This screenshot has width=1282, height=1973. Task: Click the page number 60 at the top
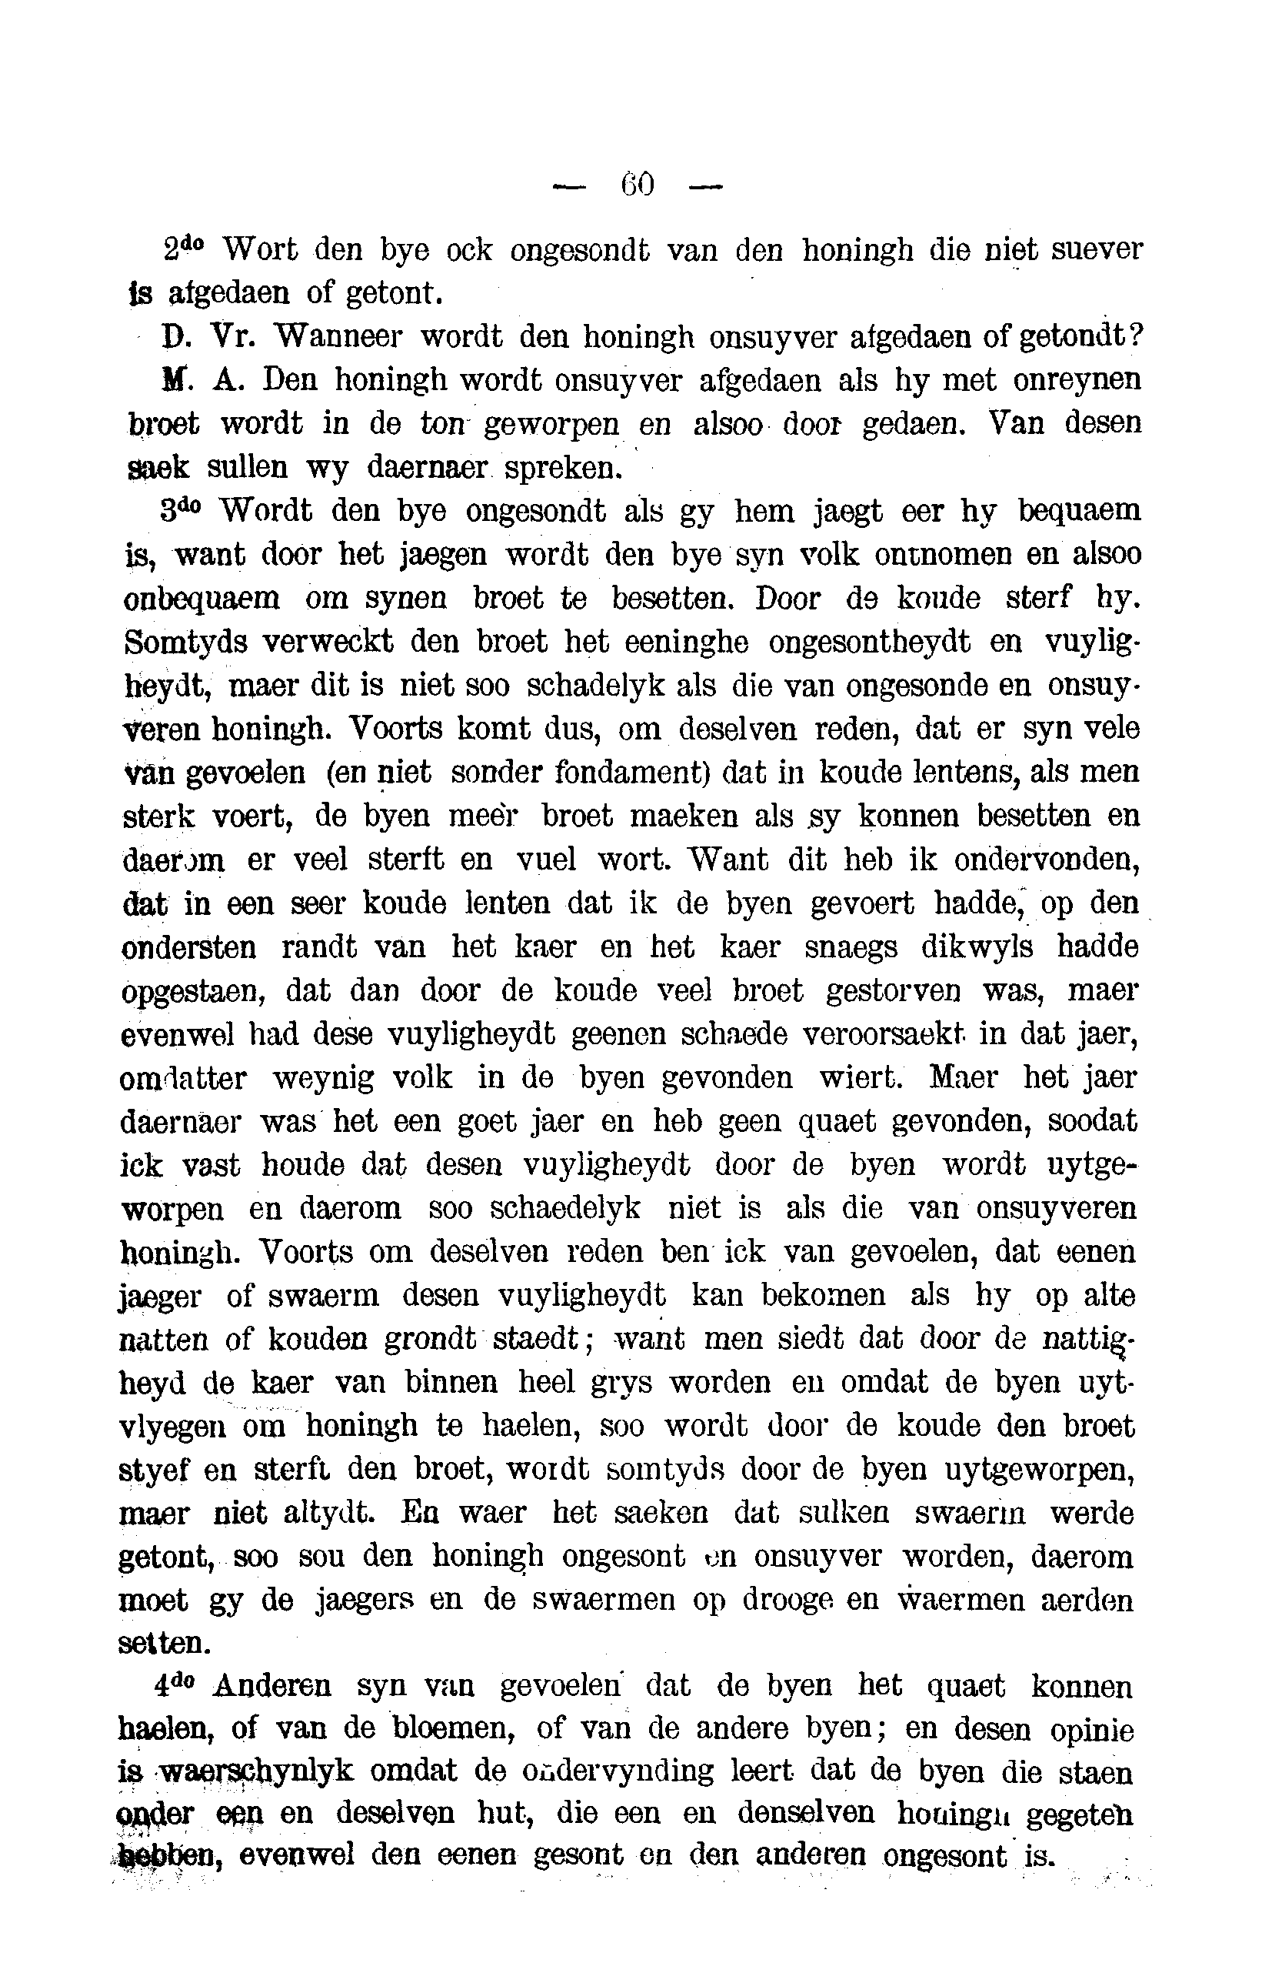coord(638,184)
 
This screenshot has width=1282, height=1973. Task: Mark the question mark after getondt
coord(1136,336)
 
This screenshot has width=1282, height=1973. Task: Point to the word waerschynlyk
coord(256,1772)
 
